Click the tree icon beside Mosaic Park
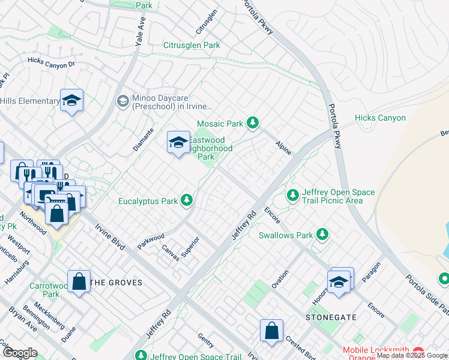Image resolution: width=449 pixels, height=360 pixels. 253,124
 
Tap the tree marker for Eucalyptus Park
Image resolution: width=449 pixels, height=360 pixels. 187,201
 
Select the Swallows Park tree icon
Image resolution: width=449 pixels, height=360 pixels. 323,235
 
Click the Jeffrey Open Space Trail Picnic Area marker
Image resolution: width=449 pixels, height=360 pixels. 292,195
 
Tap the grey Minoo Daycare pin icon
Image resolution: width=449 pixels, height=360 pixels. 123,101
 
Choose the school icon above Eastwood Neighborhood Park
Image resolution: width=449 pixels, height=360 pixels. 178,143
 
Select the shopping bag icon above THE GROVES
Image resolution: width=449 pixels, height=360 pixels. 79,281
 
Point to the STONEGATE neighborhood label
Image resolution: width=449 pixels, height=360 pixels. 331,317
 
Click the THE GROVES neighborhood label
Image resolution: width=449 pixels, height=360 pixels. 116,283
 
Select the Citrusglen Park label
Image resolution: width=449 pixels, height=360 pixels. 191,45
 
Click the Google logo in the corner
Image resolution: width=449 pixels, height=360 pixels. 19,353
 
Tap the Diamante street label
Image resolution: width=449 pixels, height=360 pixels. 146,139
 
